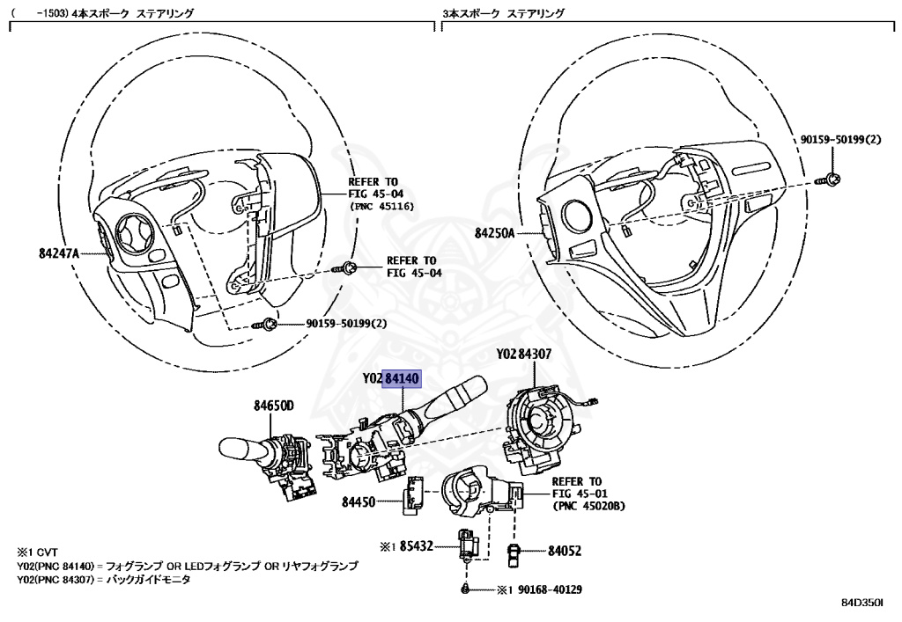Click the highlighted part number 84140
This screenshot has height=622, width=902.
coord(404,378)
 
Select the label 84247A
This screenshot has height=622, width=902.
coord(59,253)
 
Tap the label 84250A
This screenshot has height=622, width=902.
coord(494,234)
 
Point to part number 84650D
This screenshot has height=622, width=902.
coord(274,406)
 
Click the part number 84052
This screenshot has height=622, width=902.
coord(565,551)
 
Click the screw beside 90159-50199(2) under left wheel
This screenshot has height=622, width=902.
coord(265,325)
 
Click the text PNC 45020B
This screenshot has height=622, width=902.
coord(588,507)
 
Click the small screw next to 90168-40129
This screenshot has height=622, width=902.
coord(464,589)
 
